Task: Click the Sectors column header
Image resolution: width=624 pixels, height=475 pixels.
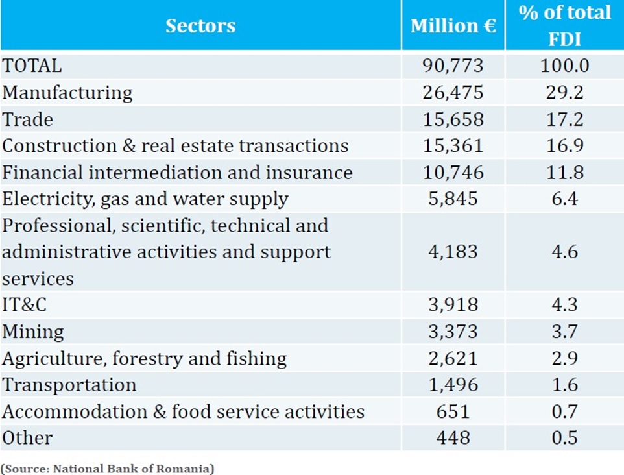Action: [x=200, y=26]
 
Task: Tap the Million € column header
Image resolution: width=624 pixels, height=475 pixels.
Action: [x=453, y=26]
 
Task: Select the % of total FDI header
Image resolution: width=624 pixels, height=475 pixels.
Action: [x=564, y=25]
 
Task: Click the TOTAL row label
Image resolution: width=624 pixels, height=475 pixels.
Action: [x=32, y=66]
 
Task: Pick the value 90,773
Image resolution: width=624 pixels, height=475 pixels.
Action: [x=453, y=66]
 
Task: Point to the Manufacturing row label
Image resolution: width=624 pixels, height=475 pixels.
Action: [x=67, y=92]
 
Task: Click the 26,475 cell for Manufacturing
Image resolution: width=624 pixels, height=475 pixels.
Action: [x=453, y=92]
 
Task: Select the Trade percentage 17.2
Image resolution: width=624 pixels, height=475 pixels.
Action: [x=564, y=119]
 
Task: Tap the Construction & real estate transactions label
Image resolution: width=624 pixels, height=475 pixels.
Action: [x=175, y=145]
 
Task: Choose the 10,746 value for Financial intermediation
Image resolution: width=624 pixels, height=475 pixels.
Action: [x=453, y=172]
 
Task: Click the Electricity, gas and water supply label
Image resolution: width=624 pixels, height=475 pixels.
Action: [x=145, y=199]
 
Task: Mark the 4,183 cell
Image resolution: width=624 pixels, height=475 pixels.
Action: [x=453, y=252]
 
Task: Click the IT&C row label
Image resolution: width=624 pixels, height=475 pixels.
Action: [x=25, y=305]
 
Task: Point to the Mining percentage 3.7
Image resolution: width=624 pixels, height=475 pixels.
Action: [x=564, y=332]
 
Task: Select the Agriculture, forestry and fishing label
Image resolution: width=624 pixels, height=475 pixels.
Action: [x=145, y=358]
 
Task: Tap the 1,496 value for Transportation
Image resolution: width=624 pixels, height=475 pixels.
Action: [x=453, y=385]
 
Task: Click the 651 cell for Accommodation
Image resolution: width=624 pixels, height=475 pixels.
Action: [x=453, y=411]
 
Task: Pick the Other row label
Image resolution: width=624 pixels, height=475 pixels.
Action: [x=27, y=438]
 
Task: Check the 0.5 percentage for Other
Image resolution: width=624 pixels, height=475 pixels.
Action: [x=564, y=438]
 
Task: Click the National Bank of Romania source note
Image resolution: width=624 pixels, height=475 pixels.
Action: [x=107, y=468]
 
